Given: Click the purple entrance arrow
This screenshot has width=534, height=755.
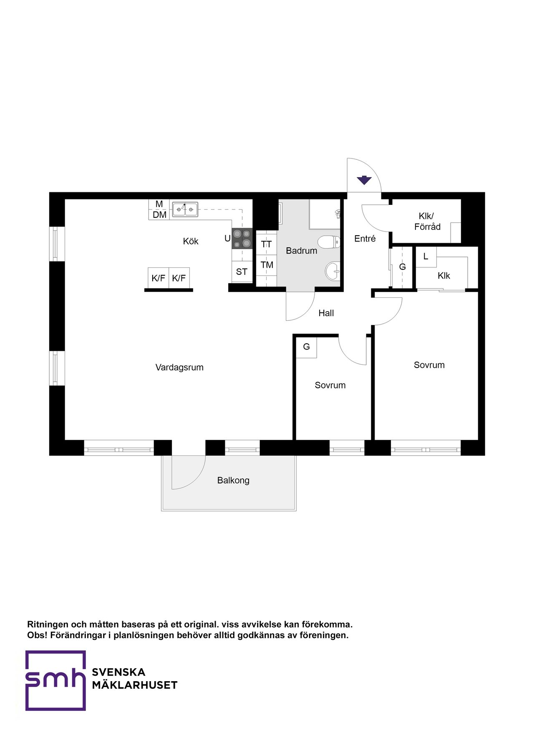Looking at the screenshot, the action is tap(364, 180).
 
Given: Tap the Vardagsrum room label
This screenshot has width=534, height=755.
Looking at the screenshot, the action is tap(179, 367).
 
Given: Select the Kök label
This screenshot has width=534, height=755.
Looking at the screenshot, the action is tap(191, 241).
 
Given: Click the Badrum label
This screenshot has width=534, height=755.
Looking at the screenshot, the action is tap(301, 251).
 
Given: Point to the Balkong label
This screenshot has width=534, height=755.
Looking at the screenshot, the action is tap(233, 481).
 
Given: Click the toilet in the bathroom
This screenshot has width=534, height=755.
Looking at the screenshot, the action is tap(329, 242).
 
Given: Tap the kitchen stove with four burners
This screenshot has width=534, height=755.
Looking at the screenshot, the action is tap(242, 239).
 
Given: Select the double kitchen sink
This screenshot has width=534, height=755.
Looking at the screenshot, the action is tap(185, 209).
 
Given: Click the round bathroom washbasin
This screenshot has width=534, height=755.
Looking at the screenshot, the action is tap(332, 271).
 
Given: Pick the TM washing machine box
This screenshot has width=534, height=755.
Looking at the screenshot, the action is tap(267, 265).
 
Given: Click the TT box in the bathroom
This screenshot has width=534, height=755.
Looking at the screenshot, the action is tap(267, 244).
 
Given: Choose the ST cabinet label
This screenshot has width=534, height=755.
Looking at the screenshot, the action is tap(242, 272).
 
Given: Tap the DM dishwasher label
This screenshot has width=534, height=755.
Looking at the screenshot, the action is tap(159, 215).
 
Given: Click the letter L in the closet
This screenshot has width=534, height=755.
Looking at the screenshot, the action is tap(426, 257).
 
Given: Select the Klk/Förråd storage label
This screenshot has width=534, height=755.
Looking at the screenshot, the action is tap(427, 221).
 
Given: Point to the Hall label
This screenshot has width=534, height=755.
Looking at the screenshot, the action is tap(326, 313).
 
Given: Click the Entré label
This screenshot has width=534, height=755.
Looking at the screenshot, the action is tap(365, 239).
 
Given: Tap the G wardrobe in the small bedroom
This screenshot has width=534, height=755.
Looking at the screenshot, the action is tap(306, 347).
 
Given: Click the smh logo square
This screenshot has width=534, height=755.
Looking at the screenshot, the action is tap(55, 680).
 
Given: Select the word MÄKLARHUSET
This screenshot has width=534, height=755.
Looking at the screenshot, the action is tap(135, 685).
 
